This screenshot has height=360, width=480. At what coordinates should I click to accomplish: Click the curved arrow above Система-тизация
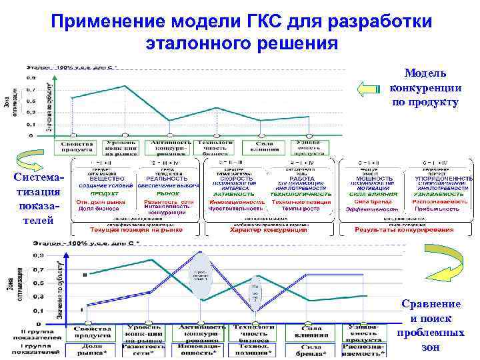pyautogui.click(x=30, y=158)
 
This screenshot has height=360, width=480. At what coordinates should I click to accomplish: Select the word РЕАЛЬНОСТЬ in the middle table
pyautogui.click(x=167, y=179)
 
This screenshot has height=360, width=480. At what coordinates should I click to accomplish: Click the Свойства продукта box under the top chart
pyautogui.click(x=77, y=146)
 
